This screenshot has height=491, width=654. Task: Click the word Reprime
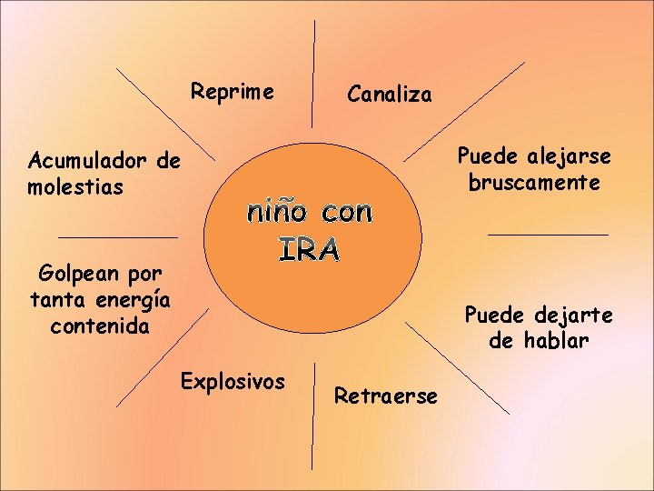(232, 92)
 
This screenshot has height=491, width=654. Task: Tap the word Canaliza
(390, 94)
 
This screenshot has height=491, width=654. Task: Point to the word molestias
(75, 187)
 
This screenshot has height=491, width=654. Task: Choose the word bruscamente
(534, 183)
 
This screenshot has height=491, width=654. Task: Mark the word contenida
(100, 325)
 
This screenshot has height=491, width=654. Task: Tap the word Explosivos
(233, 380)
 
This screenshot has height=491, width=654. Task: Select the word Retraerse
(385, 396)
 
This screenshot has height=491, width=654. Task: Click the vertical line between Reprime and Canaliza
(314, 73)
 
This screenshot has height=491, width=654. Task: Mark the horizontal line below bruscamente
(548, 235)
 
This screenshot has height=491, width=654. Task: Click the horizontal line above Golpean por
(117, 237)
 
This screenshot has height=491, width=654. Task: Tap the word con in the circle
(347, 213)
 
